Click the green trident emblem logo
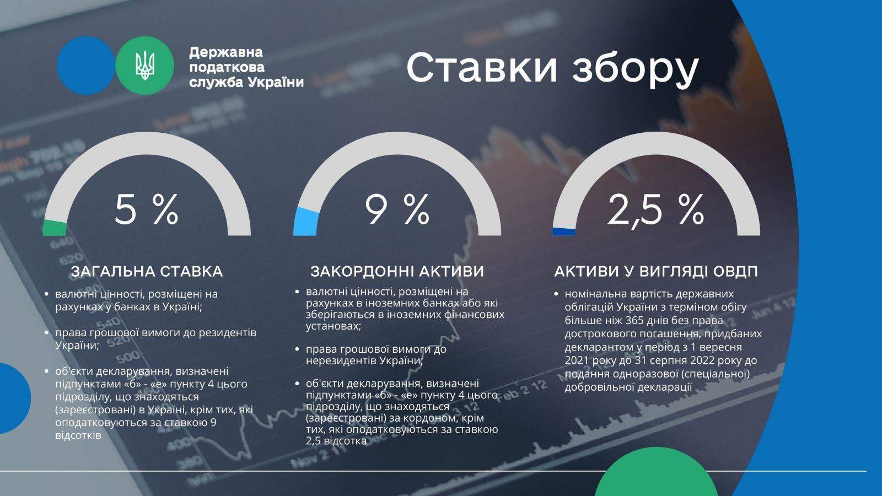click(144, 66)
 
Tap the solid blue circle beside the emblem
click(86, 66)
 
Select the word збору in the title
click(635, 69)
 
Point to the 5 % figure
click(147, 210)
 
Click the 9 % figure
click(397, 210)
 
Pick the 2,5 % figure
click(655, 211)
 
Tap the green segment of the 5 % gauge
click(55, 228)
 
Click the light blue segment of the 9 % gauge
click(305, 222)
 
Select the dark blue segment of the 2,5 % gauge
click(564, 231)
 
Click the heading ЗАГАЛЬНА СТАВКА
click(147, 272)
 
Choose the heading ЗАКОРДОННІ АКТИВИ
click(397, 272)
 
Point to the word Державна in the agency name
click(225, 52)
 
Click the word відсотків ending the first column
click(78, 435)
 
